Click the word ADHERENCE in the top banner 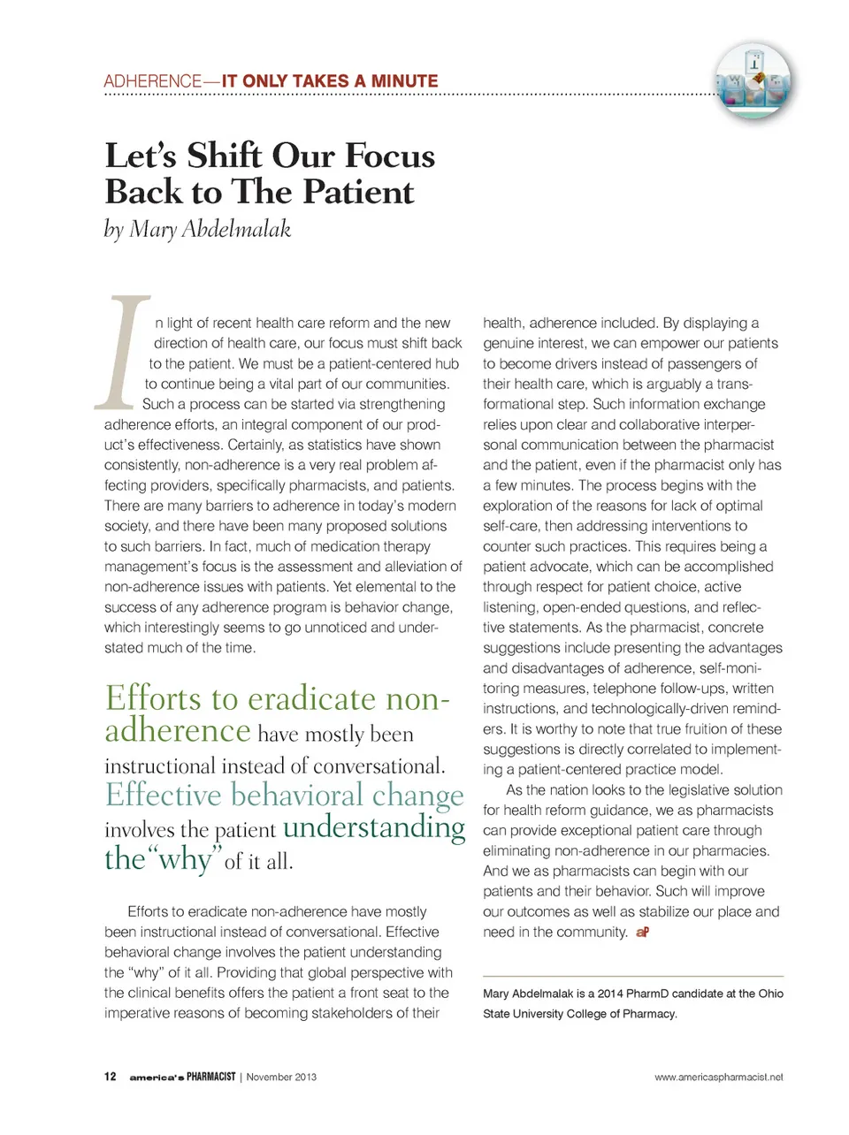(x=152, y=81)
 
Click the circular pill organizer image (x=753, y=82)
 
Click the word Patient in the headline (x=359, y=192)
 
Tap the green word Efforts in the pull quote (x=153, y=698)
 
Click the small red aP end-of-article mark (x=643, y=933)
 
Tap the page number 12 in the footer (x=110, y=1077)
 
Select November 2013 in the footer (x=281, y=1077)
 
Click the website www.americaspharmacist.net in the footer (x=718, y=1077)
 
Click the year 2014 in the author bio (x=610, y=994)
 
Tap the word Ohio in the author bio (x=769, y=994)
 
